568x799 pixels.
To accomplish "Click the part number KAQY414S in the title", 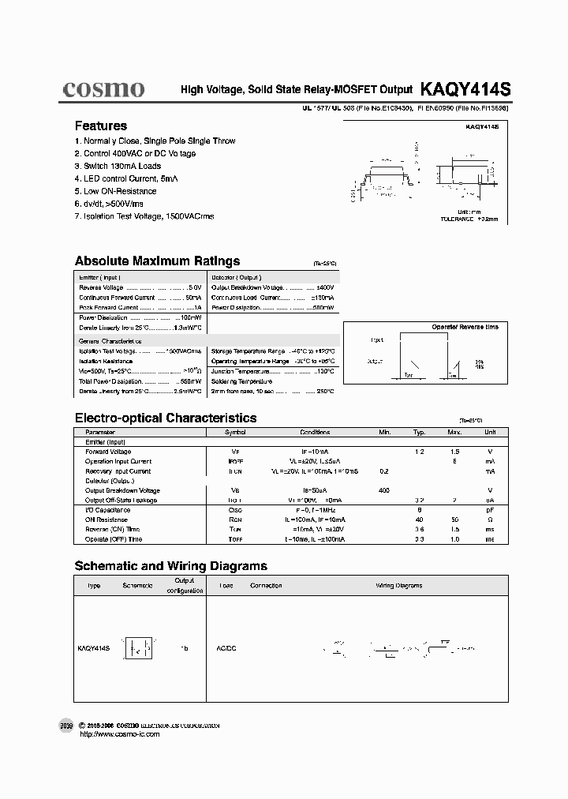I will [465, 90].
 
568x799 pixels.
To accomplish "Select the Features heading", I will [100, 126].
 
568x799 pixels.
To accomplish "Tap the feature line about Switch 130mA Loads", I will [118, 166].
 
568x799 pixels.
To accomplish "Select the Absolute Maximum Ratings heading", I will [157, 261].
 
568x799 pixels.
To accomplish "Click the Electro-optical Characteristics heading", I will [165, 418].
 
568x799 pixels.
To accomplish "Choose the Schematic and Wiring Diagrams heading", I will [170, 565].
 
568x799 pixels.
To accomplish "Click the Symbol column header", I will [235, 433].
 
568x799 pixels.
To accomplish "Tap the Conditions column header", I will [315, 433].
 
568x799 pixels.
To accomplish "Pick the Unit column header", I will [490, 433].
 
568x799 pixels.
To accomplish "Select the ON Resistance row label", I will [106, 520].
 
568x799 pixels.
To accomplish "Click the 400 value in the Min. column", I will [384, 490].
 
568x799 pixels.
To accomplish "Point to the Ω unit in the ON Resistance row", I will [490, 520].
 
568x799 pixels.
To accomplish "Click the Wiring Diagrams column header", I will [398, 586].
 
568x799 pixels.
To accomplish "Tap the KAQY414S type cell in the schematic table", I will [93, 647].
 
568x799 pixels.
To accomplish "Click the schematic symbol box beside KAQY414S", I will [139, 647].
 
